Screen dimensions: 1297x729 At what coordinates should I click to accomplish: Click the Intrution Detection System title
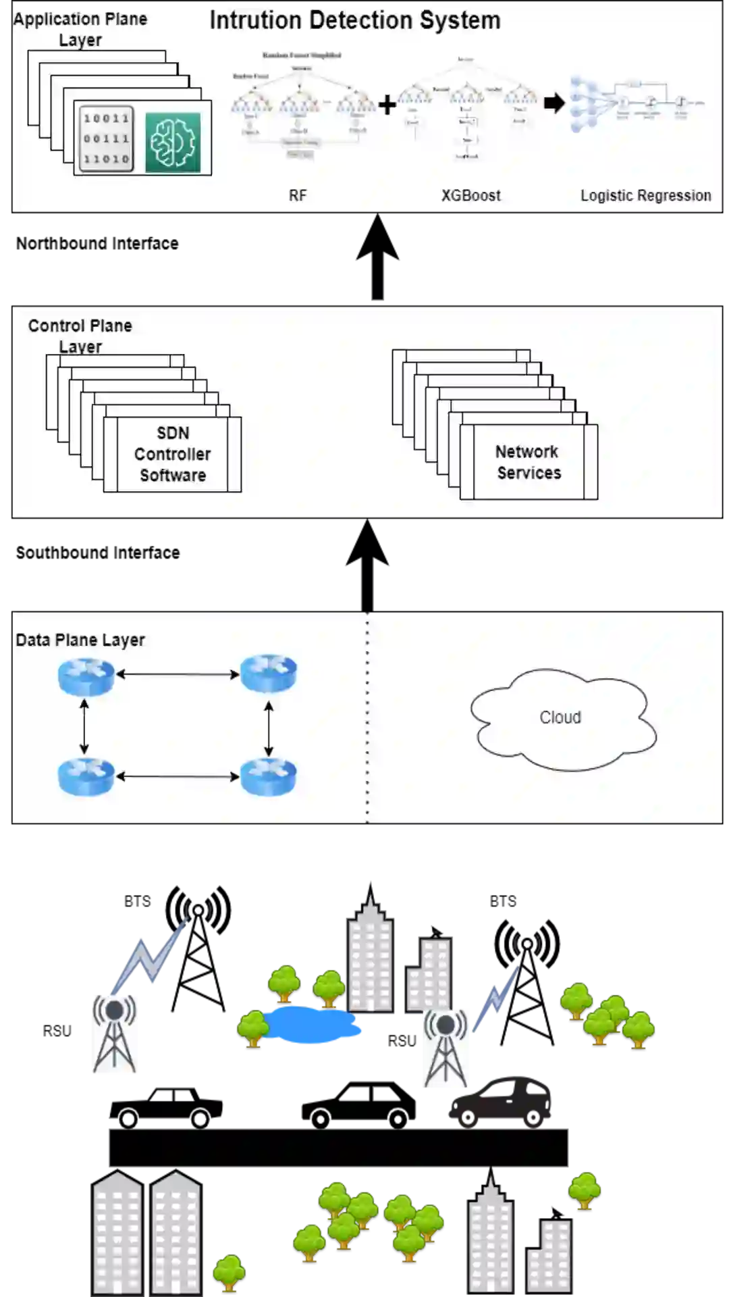355,20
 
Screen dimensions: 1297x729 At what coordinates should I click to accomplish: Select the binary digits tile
106,138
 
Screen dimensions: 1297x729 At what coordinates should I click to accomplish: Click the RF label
298,196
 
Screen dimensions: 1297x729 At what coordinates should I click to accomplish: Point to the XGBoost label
471,196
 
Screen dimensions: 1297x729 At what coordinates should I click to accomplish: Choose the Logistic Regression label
645,196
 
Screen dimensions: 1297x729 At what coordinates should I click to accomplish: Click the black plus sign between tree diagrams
387,105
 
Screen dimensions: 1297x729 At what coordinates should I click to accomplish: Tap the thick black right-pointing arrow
554,103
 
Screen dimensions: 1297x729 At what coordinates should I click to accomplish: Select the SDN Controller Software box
173,454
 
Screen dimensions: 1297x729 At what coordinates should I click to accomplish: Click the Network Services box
529,462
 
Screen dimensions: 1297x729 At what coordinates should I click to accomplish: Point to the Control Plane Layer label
80,336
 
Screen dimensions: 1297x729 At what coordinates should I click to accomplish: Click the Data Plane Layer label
80,640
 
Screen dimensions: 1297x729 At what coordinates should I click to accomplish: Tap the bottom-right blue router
269,777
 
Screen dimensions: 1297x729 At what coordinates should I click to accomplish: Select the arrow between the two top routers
178,674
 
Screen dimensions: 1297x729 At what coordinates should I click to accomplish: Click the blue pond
313,1025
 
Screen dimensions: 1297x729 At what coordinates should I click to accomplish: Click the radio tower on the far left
114,1034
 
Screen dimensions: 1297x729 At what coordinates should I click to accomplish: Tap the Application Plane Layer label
80,29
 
